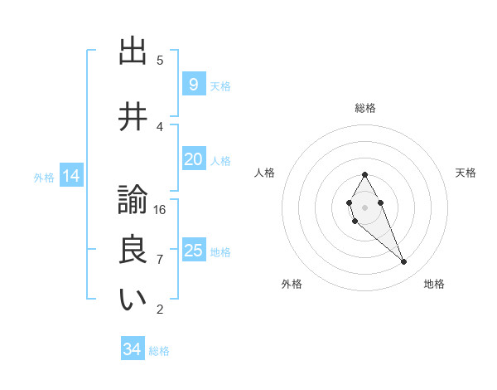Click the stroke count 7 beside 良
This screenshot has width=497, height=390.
pyautogui.click(x=160, y=259)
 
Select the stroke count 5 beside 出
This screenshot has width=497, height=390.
pyautogui.click(x=160, y=60)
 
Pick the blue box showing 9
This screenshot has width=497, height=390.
pyautogui.click(x=193, y=85)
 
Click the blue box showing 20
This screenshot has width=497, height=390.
pyautogui.click(x=193, y=159)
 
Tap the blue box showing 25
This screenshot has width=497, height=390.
pyautogui.click(x=193, y=251)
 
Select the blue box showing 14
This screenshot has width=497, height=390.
pyautogui.click(x=70, y=176)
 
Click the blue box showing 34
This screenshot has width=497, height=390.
pyautogui.click(x=132, y=349)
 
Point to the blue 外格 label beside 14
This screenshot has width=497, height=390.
pyautogui.click(x=44, y=177)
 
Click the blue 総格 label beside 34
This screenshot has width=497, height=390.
pyautogui.click(x=159, y=351)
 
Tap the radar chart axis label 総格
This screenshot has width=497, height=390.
pyautogui.click(x=365, y=108)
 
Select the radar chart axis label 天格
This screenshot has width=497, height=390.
pyautogui.click(x=466, y=173)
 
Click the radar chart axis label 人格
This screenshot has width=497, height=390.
pyautogui.click(x=264, y=173)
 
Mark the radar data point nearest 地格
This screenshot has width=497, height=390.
pyautogui.click(x=404, y=262)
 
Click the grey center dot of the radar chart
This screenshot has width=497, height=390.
pyautogui.click(x=364, y=206)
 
